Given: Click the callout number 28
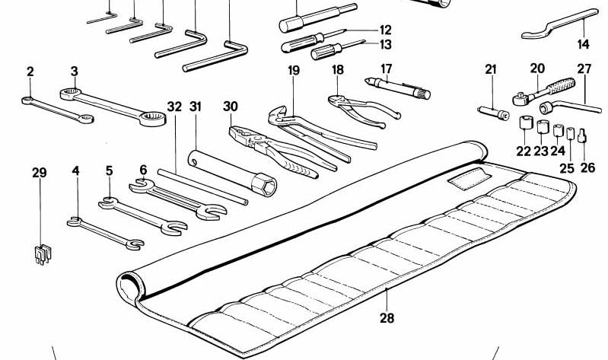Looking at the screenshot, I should point(387,318).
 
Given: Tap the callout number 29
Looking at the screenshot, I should point(40,173).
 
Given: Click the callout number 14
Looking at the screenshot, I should point(583,44).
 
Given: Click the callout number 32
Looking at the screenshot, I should point(174,107).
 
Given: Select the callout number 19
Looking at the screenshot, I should point(294,71).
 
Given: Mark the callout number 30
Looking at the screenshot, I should point(231,107).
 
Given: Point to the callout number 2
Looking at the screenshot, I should point(30,72).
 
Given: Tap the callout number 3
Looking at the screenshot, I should point(75,72).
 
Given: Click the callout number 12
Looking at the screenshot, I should point(385,30).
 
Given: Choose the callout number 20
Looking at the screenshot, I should point(537,68).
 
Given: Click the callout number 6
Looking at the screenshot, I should point(142,170).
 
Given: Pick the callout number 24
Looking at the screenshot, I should point(558,151).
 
